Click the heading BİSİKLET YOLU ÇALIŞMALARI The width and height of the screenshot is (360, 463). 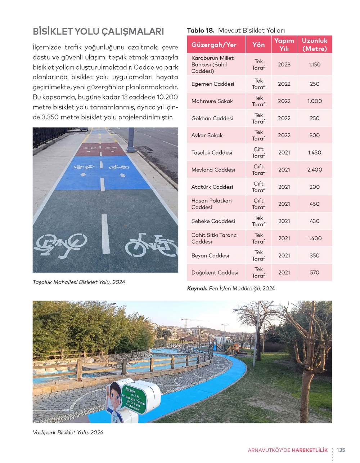coord(98,31)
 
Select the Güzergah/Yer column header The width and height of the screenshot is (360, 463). coord(214,45)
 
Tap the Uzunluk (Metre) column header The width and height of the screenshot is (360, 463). coord(314,45)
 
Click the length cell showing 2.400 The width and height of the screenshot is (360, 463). coord(314,170)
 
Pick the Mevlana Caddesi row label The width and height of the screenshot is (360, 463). coord(213,170)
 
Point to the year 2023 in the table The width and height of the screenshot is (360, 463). coord(284,64)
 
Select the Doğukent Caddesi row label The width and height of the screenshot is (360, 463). coord(215,272)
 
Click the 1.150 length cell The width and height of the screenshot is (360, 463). coord(314,64)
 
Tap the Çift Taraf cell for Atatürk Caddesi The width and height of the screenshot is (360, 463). coord(258,187)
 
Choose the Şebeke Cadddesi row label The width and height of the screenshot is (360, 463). coord(213,221)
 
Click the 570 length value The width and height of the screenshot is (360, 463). coord(314,272)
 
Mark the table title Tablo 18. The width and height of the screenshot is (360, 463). coord(201,31)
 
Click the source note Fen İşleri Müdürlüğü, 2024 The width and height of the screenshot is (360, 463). coord(242,288)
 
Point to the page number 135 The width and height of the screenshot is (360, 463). coord(341,450)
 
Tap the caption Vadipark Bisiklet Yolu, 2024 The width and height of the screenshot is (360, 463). coord(68,432)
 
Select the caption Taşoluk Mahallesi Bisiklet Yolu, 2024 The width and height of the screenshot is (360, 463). coord(79,282)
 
